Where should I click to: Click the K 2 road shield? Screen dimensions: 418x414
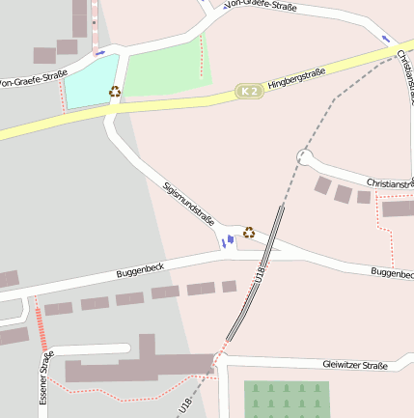pos(249,91)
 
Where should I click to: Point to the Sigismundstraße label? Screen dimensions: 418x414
pos(188,201)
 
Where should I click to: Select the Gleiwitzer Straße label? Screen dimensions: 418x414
pos(354,365)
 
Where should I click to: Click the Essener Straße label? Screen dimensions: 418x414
pos(44,376)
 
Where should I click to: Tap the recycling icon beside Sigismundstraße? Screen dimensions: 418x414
pos(249,233)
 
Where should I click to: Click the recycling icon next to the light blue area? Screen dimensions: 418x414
pos(115,92)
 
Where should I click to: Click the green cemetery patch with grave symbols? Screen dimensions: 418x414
pos(287,398)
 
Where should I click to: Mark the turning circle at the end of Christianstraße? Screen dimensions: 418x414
pos(304,156)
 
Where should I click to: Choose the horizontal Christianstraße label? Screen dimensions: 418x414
pos(389,182)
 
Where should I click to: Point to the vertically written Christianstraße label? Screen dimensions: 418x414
pos(405,77)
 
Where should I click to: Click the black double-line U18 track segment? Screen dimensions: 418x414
pos(257,271)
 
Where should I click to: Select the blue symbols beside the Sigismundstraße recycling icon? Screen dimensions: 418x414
pos(228,240)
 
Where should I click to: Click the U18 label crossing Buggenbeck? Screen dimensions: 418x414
pos(259,276)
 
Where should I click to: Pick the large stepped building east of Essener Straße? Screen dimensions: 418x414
pos(140,364)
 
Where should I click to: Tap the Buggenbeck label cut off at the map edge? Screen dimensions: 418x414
pos(393,273)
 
